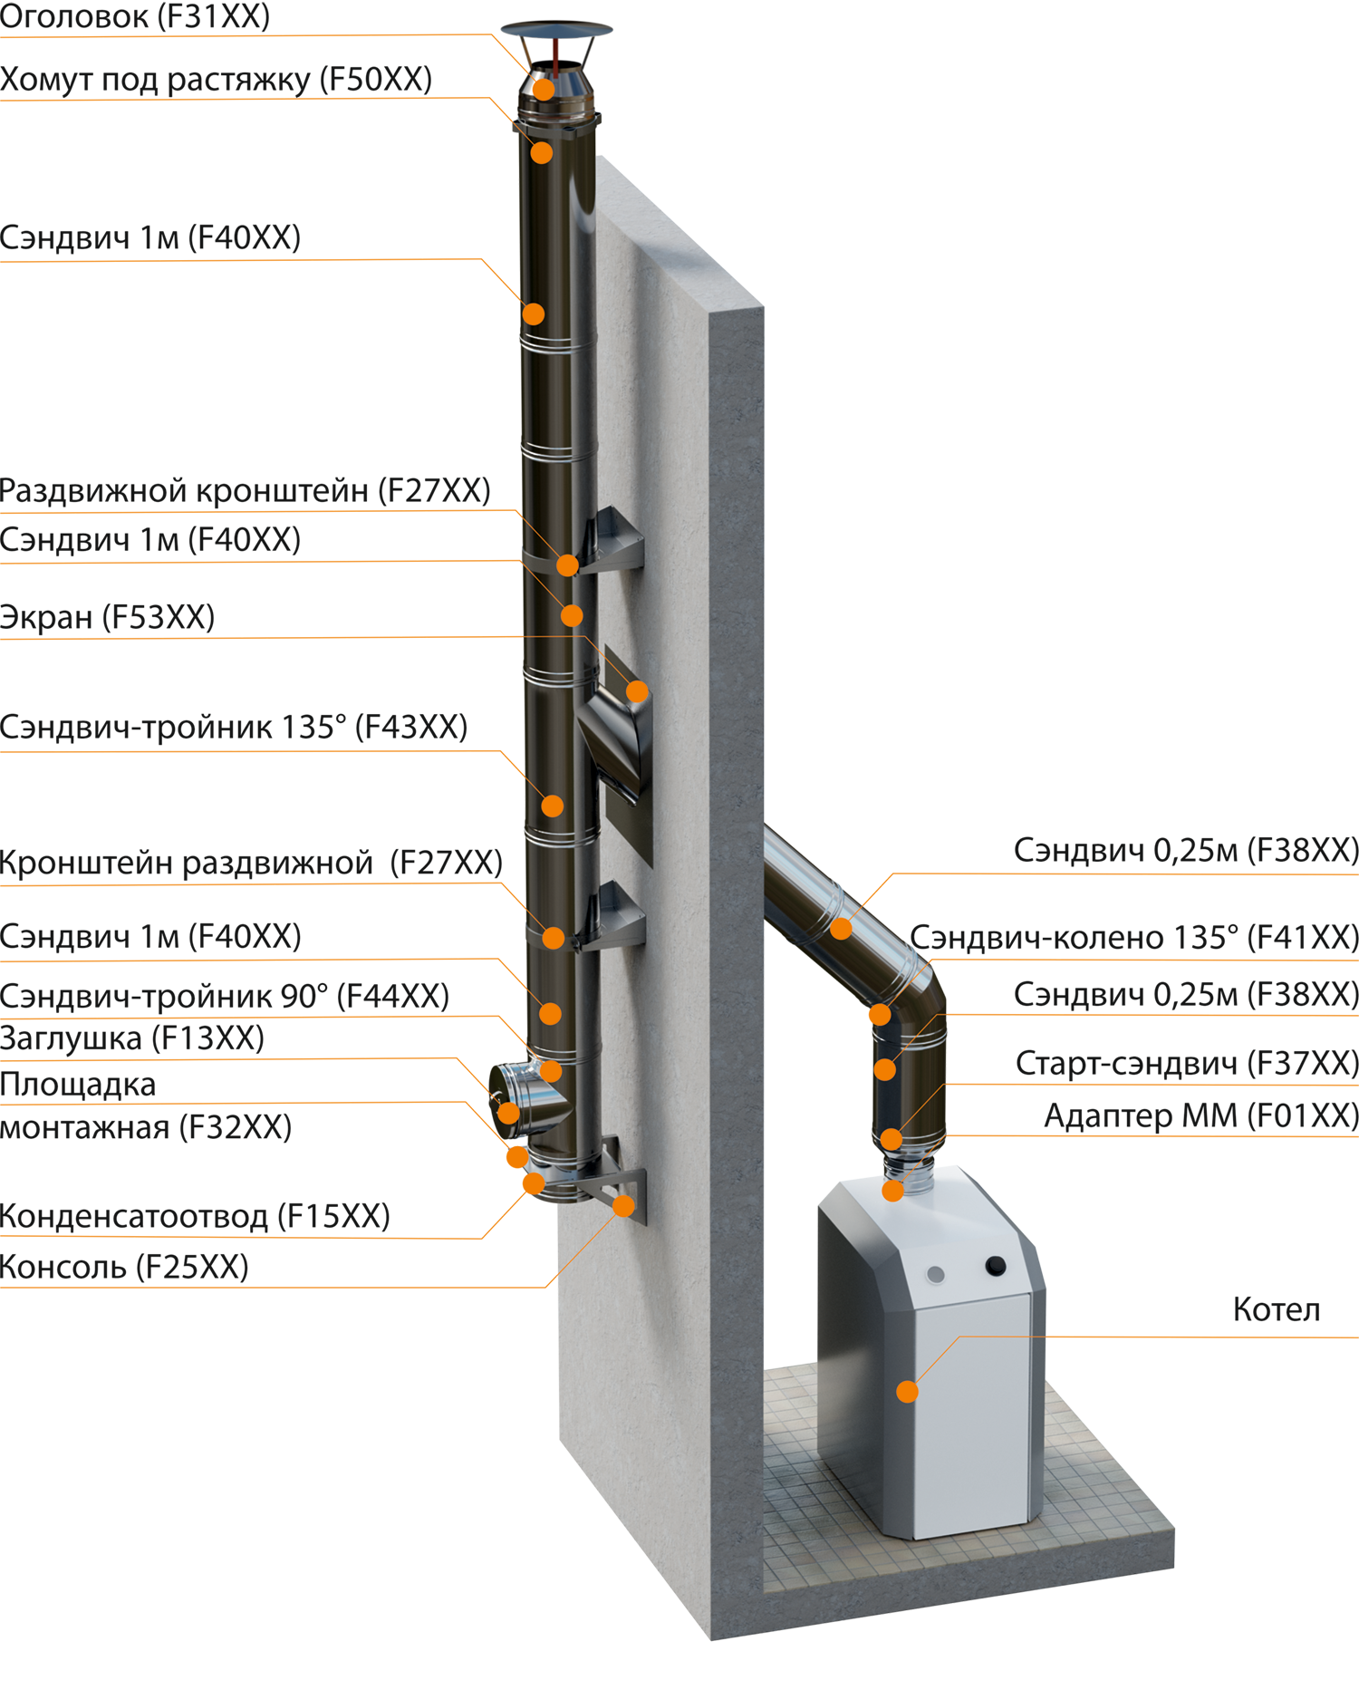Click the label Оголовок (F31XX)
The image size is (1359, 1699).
(x=135, y=16)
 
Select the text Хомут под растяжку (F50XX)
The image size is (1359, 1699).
(x=216, y=80)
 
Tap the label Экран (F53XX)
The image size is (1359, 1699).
(x=107, y=617)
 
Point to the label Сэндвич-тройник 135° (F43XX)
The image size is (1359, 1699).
(x=234, y=727)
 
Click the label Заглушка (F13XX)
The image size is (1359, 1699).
(x=132, y=1038)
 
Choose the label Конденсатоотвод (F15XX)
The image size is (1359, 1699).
(x=195, y=1216)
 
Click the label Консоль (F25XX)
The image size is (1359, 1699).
(x=124, y=1267)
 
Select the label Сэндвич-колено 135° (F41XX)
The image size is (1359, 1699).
(x=1134, y=937)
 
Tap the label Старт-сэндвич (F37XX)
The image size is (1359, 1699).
(x=1187, y=1063)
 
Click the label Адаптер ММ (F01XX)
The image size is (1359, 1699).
(x=1201, y=1115)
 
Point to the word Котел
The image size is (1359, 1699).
(x=1277, y=1309)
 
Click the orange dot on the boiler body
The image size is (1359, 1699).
(x=907, y=1391)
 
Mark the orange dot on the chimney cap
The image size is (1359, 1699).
(x=544, y=89)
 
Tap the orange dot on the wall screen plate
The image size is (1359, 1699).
(x=637, y=692)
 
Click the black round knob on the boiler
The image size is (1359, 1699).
(x=995, y=1265)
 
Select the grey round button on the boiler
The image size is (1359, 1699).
(x=936, y=1275)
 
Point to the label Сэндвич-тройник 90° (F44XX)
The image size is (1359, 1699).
(x=225, y=996)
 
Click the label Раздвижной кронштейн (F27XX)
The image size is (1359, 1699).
(x=246, y=490)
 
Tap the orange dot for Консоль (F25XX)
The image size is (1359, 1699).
(x=623, y=1206)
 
